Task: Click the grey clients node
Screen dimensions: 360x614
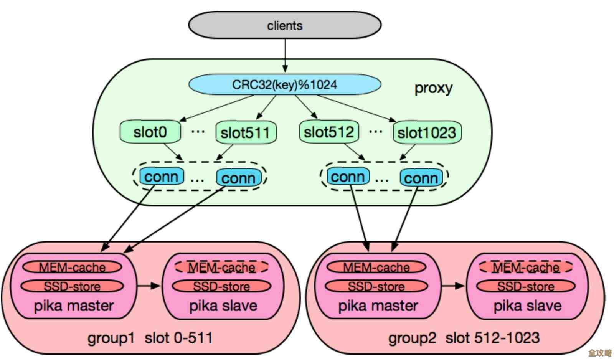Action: click(x=284, y=25)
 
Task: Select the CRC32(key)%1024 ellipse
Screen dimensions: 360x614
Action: click(x=284, y=84)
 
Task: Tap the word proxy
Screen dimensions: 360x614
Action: click(x=433, y=88)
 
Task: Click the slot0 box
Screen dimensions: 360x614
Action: click(x=150, y=132)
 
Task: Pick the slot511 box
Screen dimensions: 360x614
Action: click(x=246, y=133)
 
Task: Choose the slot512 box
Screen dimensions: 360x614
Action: click(x=329, y=132)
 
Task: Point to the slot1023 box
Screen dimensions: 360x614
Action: click(x=427, y=133)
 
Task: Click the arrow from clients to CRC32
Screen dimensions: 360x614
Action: click(x=285, y=56)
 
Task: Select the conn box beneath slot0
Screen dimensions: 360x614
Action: click(x=161, y=177)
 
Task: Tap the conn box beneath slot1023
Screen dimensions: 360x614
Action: click(x=421, y=178)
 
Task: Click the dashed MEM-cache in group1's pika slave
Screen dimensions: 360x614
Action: click(x=222, y=267)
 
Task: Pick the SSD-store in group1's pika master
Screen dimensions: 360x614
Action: click(x=72, y=286)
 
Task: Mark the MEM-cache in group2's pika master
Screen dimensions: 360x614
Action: click(x=376, y=267)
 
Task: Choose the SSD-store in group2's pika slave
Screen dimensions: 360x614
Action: click(x=526, y=286)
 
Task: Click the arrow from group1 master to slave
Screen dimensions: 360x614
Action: click(x=149, y=286)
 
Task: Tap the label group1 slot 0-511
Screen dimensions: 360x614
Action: click(x=150, y=338)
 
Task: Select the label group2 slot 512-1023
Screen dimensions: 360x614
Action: click(x=464, y=338)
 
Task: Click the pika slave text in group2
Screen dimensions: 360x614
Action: click(x=527, y=306)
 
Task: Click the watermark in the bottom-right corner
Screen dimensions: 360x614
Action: click(x=600, y=353)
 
